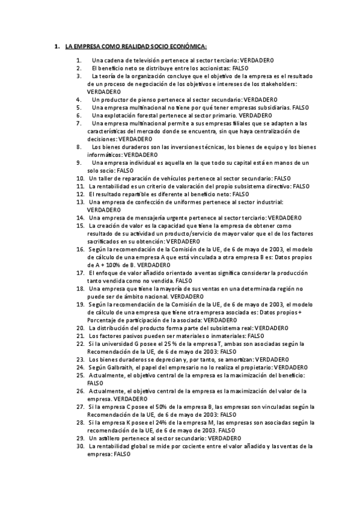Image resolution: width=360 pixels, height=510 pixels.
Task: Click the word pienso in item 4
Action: [147, 99]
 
